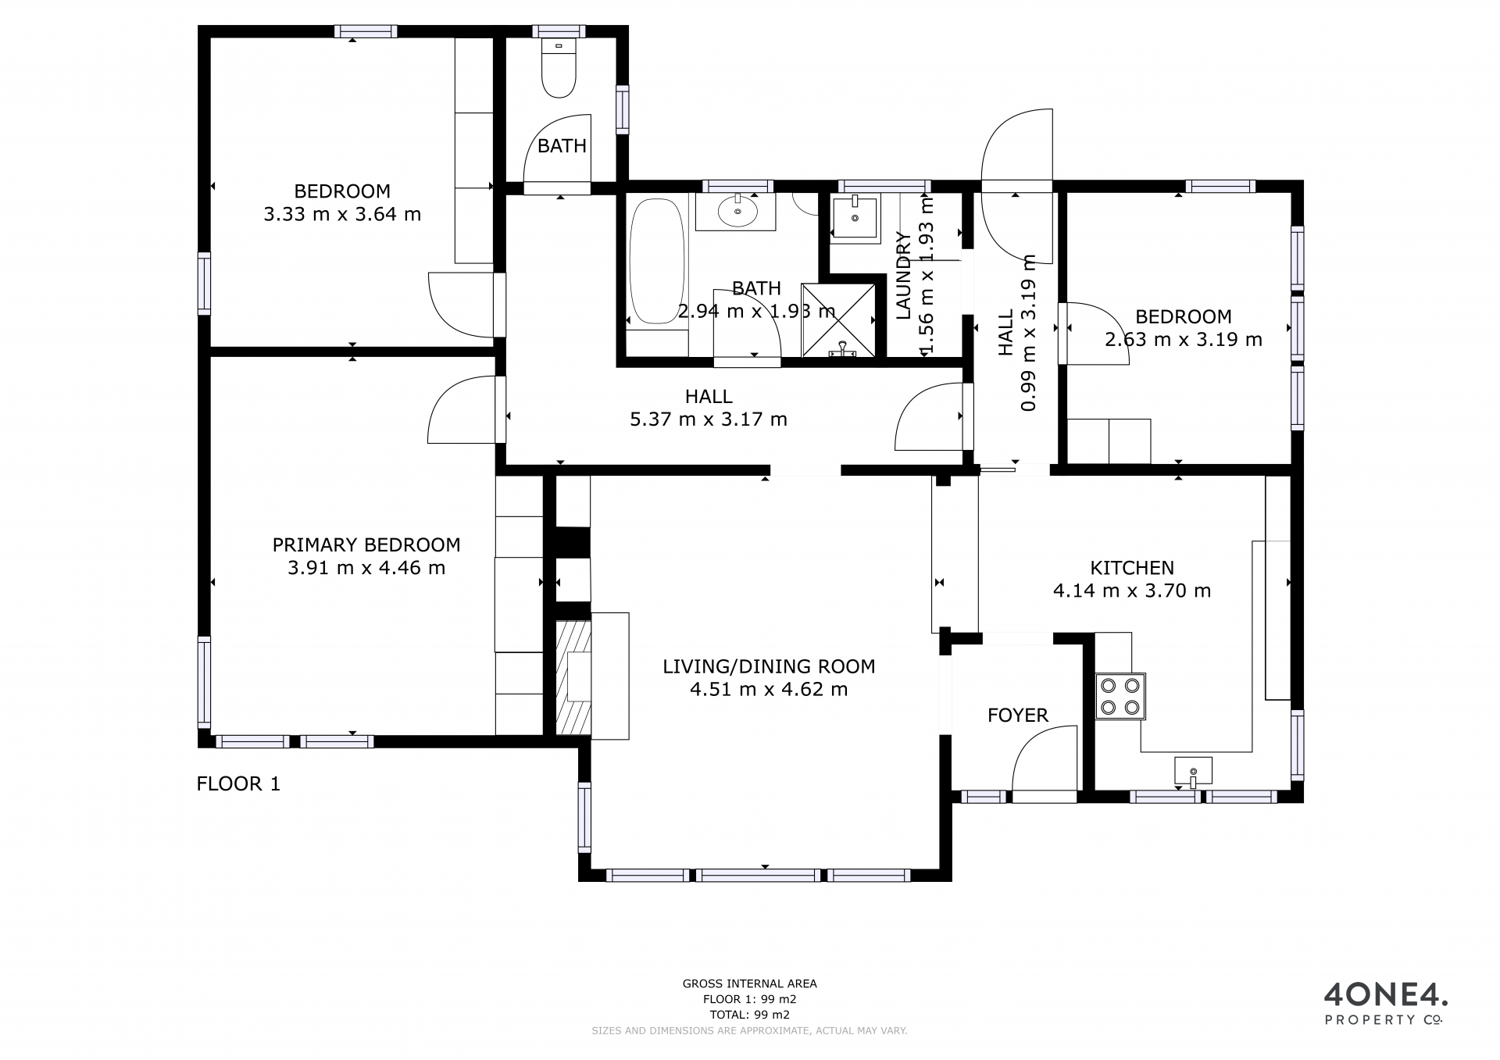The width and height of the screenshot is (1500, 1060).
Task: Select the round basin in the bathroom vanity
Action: (736, 211)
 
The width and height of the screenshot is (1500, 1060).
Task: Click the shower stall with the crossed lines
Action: (841, 320)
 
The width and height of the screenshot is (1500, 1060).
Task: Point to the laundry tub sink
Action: (854, 216)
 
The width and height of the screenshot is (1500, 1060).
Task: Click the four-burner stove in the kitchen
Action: (1120, 697)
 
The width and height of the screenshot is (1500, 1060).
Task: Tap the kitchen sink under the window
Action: (1193, 770)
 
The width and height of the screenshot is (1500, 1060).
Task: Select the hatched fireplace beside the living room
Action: (573, 677)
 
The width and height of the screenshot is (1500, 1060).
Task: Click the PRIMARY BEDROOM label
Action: (366, 544)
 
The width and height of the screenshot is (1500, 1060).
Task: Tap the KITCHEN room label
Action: (1132, 568)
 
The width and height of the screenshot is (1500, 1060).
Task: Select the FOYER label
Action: (1018, 715)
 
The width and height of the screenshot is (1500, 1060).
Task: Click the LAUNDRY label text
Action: (903, 276)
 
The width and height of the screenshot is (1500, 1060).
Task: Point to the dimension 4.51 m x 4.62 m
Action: (769, 689)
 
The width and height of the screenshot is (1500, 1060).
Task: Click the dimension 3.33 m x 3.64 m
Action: (342, 214)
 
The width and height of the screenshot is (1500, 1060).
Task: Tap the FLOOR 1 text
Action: (238, 783)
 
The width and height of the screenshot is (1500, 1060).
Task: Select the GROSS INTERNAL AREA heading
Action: (750, 984)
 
